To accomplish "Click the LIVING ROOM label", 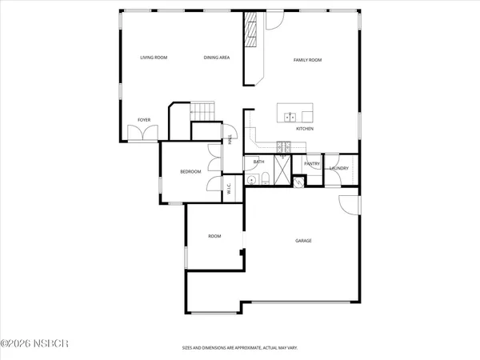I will (153, 58).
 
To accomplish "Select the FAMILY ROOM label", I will (306, 60).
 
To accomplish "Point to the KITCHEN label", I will (304, 129).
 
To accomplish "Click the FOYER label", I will (144, 120).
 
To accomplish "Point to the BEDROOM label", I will (190, 172).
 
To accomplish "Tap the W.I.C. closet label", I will (229, 189).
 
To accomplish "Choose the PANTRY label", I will (313, 165).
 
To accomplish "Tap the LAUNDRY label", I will (338, 168).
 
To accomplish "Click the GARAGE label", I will (303, 241).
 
